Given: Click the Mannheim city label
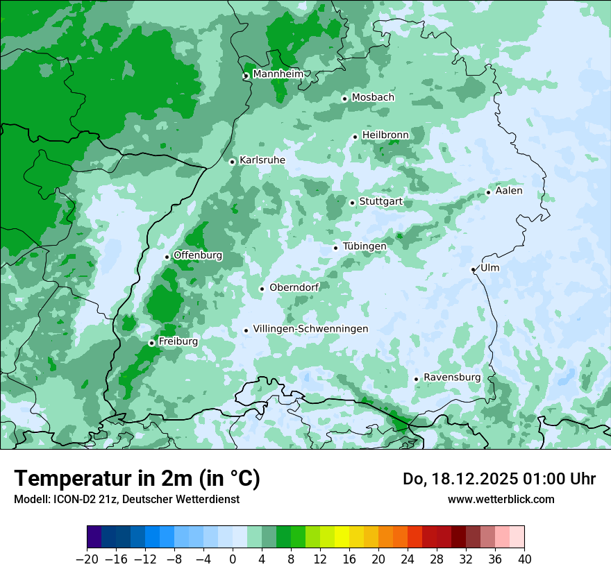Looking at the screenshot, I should pos(278,74).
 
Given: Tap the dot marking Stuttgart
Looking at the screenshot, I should pos(353,203).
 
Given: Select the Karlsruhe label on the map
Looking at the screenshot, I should pos(262,160).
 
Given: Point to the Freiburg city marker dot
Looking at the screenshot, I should pos(151,343).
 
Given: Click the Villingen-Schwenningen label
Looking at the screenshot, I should pos(310,329).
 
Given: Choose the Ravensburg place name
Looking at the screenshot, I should pos(452,378).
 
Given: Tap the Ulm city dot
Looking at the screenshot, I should pos(473,269).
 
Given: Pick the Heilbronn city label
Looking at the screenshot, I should pos(385,135).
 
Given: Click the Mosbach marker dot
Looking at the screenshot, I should pos(344,99).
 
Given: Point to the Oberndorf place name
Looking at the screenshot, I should pos(294,287).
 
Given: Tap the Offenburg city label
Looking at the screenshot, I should pos(198,255).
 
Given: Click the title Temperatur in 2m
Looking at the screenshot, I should pos(137,479).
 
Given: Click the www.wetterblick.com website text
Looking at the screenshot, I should pos(501,499).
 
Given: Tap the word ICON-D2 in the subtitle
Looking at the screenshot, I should pos(69,499).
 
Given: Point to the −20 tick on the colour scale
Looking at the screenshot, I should pos(87,559).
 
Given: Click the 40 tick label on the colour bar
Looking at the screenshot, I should pos(524,559).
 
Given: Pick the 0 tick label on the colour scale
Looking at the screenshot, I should pos(233,559).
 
